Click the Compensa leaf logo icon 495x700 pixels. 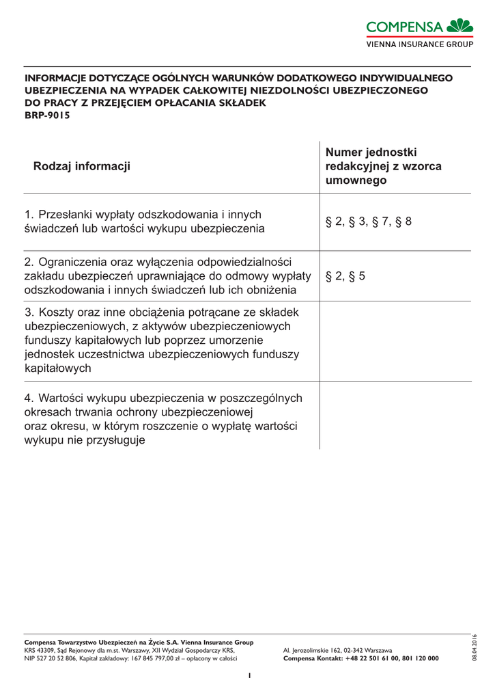460,26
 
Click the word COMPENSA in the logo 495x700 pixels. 405,27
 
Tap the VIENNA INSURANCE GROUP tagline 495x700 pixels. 420,44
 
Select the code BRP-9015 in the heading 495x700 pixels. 47,115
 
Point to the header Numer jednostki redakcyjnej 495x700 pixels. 383,166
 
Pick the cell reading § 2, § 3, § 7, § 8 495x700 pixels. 368,221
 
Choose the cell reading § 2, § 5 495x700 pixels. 345,276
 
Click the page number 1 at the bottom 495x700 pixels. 250,675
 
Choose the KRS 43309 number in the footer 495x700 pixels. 40,650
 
